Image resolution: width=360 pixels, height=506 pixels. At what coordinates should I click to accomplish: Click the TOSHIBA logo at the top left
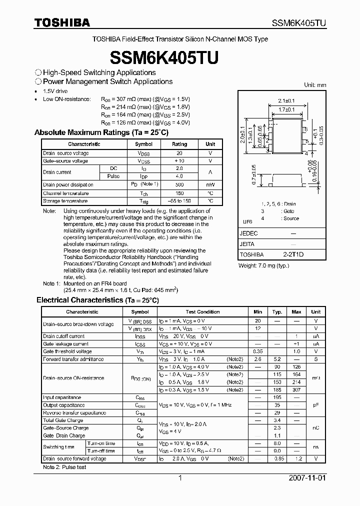click(62, 22)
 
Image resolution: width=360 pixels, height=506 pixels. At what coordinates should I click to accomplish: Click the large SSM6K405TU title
click(180, 57)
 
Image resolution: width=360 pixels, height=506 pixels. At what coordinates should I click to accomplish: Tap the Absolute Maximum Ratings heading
click(101, 132)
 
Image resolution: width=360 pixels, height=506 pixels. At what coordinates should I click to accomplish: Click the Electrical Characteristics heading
click(97, 300)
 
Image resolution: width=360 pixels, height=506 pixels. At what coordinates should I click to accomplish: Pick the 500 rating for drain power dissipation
click(179, 185)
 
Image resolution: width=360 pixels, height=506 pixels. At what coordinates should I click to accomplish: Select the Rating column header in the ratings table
click(179, 144)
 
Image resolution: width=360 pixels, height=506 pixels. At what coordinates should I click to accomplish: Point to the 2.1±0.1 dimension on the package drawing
click(286, 100)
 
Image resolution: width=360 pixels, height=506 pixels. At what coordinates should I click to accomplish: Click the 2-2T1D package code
click(293, 255)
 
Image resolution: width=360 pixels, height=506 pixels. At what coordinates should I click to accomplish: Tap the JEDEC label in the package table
click(249, 233)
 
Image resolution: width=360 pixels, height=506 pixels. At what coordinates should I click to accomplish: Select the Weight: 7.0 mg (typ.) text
click(263, 265)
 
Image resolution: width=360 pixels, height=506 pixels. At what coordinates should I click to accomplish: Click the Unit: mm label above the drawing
click(315, 85)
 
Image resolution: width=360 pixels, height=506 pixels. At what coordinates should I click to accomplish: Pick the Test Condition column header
click(202, 311)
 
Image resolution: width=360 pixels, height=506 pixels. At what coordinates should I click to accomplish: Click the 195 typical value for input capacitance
click(277, 397)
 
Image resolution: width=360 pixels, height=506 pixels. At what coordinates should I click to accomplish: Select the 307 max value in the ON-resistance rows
click(296, 389)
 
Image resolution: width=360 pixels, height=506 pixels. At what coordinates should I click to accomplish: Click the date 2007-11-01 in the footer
click(307, 478)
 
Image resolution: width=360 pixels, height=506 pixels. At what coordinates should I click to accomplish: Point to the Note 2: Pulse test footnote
click(64, 467)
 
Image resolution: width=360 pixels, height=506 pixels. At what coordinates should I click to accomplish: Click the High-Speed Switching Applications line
click(95, 72)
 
